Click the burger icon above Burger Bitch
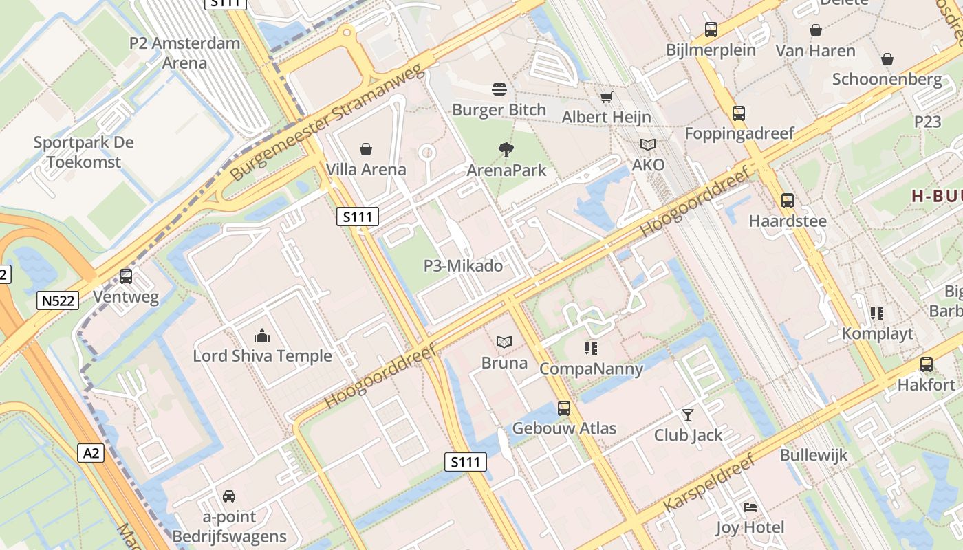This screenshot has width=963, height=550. coord(499,89)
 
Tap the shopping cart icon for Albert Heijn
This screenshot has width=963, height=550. coord(606,98)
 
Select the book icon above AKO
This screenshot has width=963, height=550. coord(648,144)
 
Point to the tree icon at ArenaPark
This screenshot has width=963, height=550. coord(506,149)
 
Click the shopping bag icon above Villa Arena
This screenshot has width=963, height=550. coord(366,148)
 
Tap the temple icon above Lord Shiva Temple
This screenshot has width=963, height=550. coord(262,335)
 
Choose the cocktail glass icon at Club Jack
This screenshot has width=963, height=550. coord(687,415)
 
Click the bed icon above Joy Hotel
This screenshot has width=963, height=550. coord(750,507)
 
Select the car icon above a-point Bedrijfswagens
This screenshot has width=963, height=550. coord(229,496)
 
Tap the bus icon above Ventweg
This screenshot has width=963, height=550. coord(126,276)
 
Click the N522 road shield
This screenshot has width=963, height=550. coord(58,300)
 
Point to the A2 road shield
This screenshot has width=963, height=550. coord(91,453)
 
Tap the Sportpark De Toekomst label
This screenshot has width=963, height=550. coord(84,153)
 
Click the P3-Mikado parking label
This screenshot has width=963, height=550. coord(463,265)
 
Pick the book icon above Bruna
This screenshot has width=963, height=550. coord(504,342)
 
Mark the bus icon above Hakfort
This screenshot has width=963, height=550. coord(927,364)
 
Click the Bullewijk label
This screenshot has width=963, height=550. coord(814,455)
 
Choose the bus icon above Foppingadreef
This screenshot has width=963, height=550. coord(739,113)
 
